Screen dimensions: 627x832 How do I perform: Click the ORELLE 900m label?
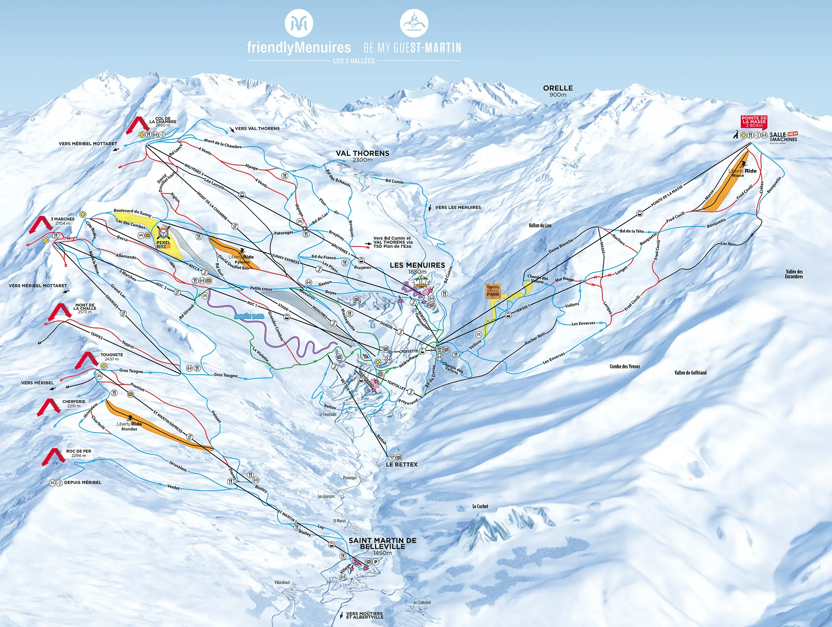pos(558,91)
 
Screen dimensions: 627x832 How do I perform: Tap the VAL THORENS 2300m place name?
pos(362,156)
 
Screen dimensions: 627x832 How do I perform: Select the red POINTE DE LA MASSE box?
pos(754,122)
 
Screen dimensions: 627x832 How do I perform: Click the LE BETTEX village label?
pos(401,464)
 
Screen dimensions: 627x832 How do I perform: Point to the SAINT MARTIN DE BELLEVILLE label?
pos(382,544)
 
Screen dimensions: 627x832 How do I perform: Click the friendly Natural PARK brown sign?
pos(493,291)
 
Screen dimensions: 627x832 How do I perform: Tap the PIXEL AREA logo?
pos(163,240)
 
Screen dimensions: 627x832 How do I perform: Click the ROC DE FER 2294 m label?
pos(78,453)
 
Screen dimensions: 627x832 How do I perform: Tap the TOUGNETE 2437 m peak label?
pos(111,357)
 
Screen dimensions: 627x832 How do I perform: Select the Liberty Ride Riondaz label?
pos(129,426)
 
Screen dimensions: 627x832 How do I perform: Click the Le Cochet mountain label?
pos(480,506)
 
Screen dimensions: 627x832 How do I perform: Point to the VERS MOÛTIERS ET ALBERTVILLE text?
pos(364,615)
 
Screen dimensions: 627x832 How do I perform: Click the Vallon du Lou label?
pos(540,225)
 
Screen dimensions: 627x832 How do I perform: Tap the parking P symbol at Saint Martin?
pos(376,562)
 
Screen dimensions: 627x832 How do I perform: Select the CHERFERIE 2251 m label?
pos(74,403)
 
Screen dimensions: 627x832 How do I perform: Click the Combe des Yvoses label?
pos(624,366)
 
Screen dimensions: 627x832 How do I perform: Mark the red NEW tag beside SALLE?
pos(792,134)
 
